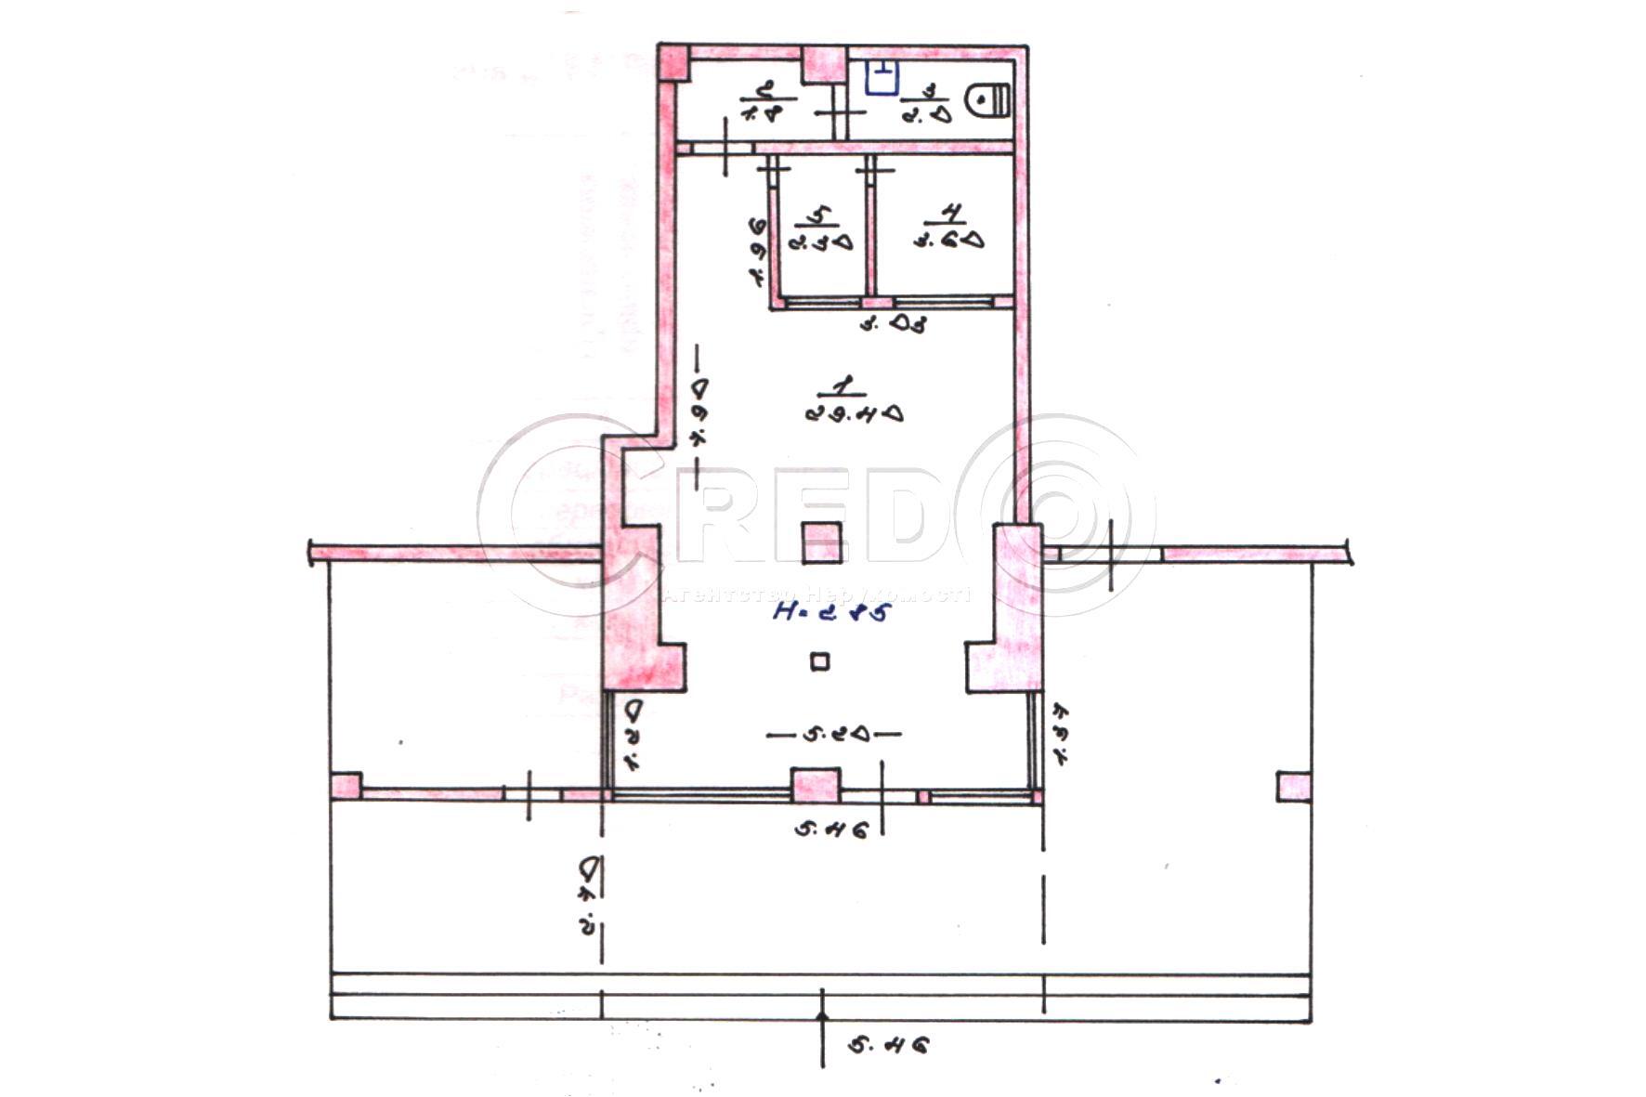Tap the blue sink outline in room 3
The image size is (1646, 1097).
pos(882,78)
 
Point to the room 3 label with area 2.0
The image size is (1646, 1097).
pos(926,104)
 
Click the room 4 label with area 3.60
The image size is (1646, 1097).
pos(947,228)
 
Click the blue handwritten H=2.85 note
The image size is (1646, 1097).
pos(831,611)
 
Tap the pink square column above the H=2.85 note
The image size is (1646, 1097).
pos(822,542)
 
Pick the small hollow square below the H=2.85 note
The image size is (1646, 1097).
pos(819,661)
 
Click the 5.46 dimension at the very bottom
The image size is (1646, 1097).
pos(887,1046)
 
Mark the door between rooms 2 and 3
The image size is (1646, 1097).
pos(841,112)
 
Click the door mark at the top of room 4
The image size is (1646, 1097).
pos(878,170)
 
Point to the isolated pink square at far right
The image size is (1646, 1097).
pos(1294,787)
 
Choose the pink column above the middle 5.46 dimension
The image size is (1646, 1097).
pos(816,786)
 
